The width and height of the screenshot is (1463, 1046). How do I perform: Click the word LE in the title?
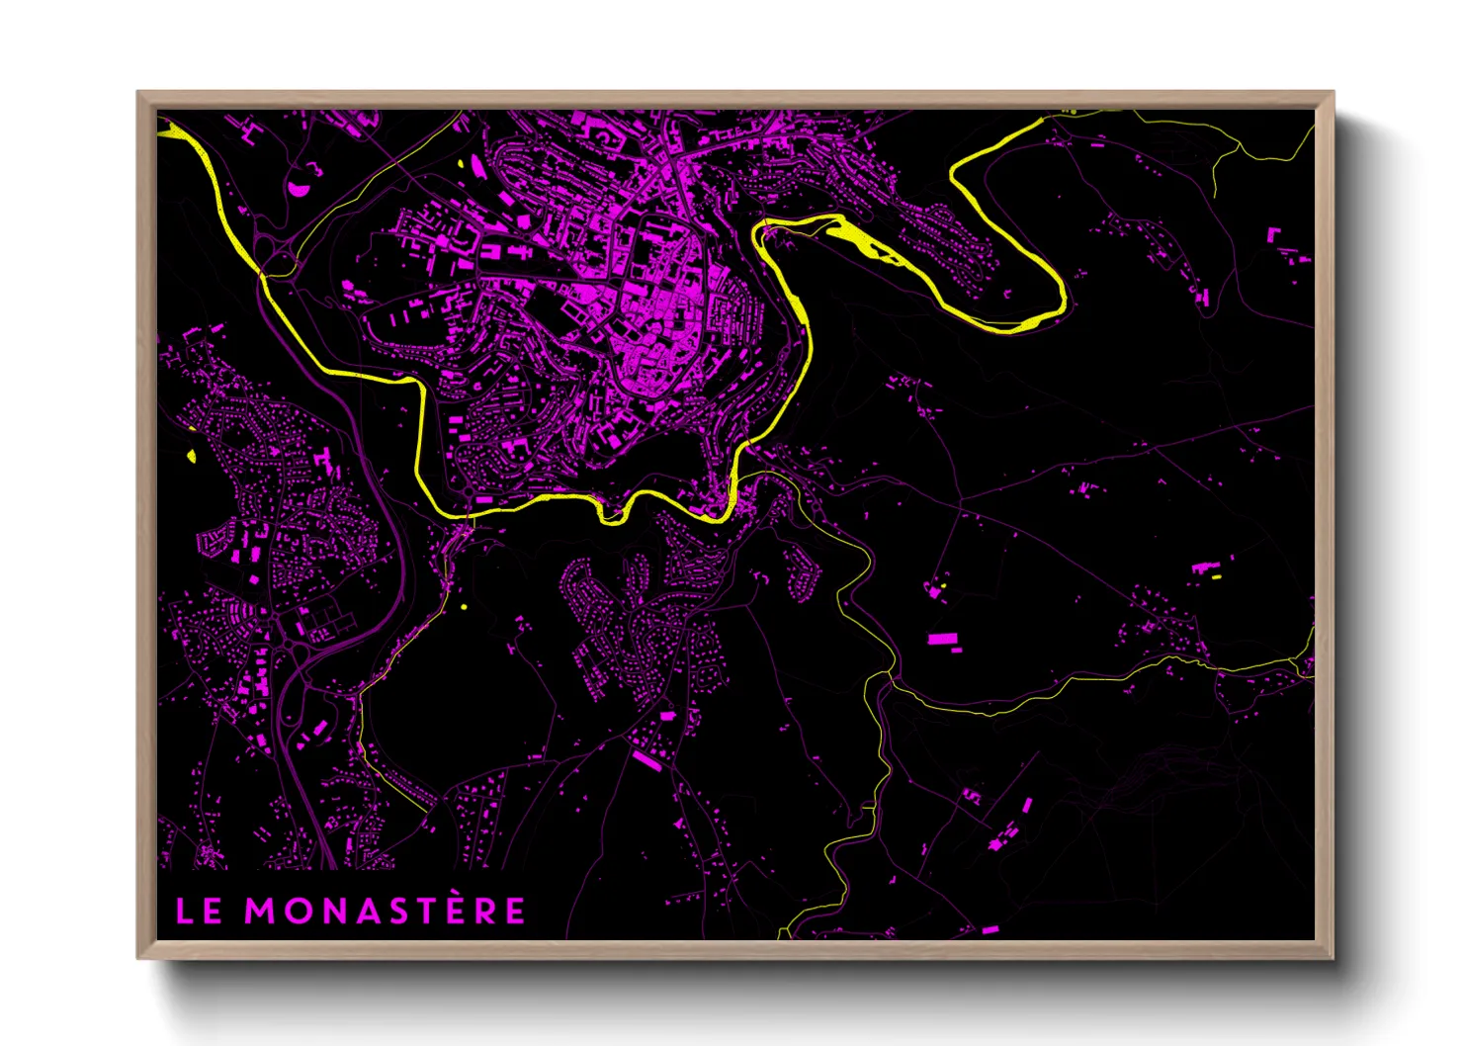(x=199, y=911)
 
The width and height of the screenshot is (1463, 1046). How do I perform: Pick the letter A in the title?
(x=384, y=911)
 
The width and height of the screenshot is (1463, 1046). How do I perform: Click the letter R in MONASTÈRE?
(x=514, y=911)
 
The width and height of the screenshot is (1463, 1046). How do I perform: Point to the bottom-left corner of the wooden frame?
(x=139, y=956)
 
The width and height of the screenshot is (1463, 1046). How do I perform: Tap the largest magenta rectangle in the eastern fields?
(x=943, y=639)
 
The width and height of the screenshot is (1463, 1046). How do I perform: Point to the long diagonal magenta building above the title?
(x=647, y=759)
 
